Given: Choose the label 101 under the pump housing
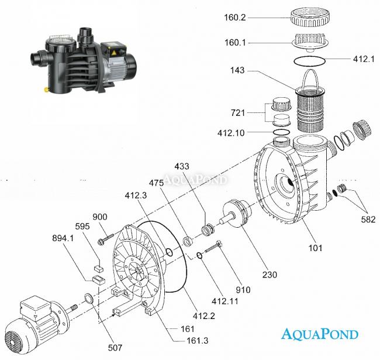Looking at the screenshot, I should (316, 248).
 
